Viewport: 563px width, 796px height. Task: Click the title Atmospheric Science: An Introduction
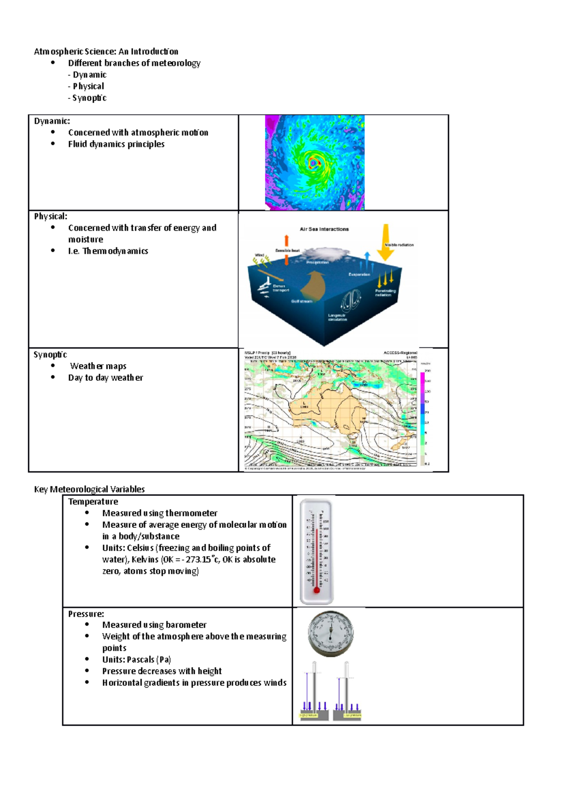tap(106, 52)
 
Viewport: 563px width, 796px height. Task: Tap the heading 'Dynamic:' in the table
tap(52, 121)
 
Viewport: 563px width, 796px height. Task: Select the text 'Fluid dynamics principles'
tap(116, 144)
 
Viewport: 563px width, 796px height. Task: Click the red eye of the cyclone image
tap(313, 163)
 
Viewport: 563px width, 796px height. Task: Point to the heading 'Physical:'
tap(51, 216)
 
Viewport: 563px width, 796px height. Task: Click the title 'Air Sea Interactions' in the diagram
tap(324, 229)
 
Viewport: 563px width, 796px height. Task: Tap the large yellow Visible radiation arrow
tap(386, 242)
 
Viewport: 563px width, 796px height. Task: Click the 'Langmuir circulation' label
tap(337, 317)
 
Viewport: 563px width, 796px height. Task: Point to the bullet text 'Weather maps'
tap(98, 366)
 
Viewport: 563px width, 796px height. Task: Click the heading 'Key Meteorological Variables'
tap(89, 489)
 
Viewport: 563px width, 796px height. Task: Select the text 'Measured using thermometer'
tap(160, 513)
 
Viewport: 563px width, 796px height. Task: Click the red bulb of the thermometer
tap(317, 590)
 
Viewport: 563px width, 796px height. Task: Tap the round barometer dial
tap(331, 633)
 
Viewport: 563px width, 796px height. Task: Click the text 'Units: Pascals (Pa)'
tap(137, 660)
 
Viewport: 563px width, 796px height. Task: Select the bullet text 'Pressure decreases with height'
tap(162, 671)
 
